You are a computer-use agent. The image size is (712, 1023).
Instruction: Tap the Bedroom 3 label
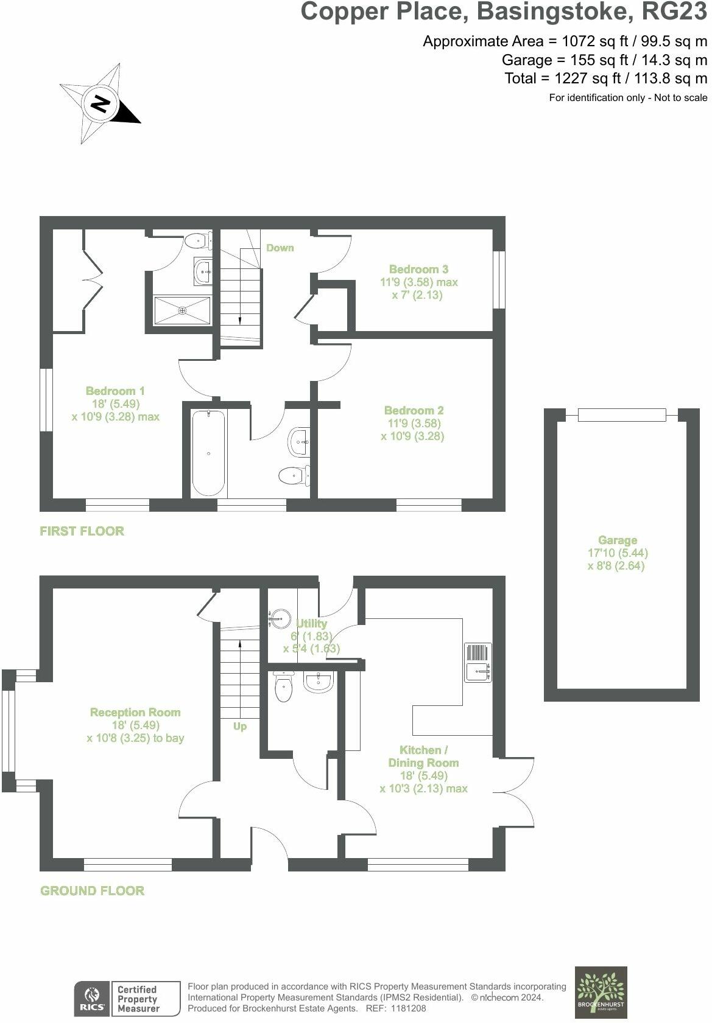418,269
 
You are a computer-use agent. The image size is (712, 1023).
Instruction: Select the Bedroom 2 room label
414,411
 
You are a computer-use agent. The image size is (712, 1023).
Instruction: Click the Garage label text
617,540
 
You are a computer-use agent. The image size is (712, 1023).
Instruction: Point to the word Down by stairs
280,248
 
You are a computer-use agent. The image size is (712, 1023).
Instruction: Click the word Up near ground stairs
240,727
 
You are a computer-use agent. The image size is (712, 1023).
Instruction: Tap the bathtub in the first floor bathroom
209,453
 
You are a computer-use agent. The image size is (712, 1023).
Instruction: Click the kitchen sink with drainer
478,662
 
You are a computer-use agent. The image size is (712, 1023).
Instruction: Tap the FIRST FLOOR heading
82,531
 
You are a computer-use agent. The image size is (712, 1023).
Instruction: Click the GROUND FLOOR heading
92,891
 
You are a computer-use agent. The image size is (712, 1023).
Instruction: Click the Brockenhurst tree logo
601,992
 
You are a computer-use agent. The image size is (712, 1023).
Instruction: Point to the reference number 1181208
409,1008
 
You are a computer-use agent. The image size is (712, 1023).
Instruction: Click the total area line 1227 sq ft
605,79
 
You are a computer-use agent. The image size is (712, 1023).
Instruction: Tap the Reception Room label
135,713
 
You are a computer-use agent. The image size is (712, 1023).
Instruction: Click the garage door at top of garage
621,415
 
